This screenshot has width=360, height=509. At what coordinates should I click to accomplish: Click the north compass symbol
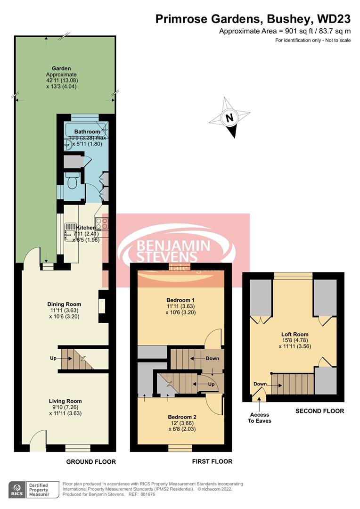[x=229, y=117]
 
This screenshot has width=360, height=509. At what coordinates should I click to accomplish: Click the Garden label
[x=61, y=68]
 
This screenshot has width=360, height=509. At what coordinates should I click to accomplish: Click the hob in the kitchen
[x=101, y=223]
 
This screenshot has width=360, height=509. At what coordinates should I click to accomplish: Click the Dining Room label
[x=65, y=304]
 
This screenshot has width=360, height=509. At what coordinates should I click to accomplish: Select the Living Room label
[x=65, y=401]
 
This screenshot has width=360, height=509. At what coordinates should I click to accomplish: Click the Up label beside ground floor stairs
[x=53, y=359]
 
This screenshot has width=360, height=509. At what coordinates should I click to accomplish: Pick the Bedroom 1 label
[x=180, y=300]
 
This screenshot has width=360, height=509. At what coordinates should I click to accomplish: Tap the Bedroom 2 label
[x=182, y=417]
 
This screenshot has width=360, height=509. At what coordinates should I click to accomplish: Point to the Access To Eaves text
[x=260, y=418]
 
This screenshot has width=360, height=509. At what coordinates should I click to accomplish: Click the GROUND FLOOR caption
[x=91, y=461]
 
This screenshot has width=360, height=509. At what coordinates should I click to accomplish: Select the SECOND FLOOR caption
[x=319, y=411]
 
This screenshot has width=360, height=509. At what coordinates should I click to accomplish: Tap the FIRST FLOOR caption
[x=212, y=461]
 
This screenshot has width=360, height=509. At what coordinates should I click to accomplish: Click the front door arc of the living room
[x=36, y=437]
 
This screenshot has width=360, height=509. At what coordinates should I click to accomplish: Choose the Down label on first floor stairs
[x=213, y=358]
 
